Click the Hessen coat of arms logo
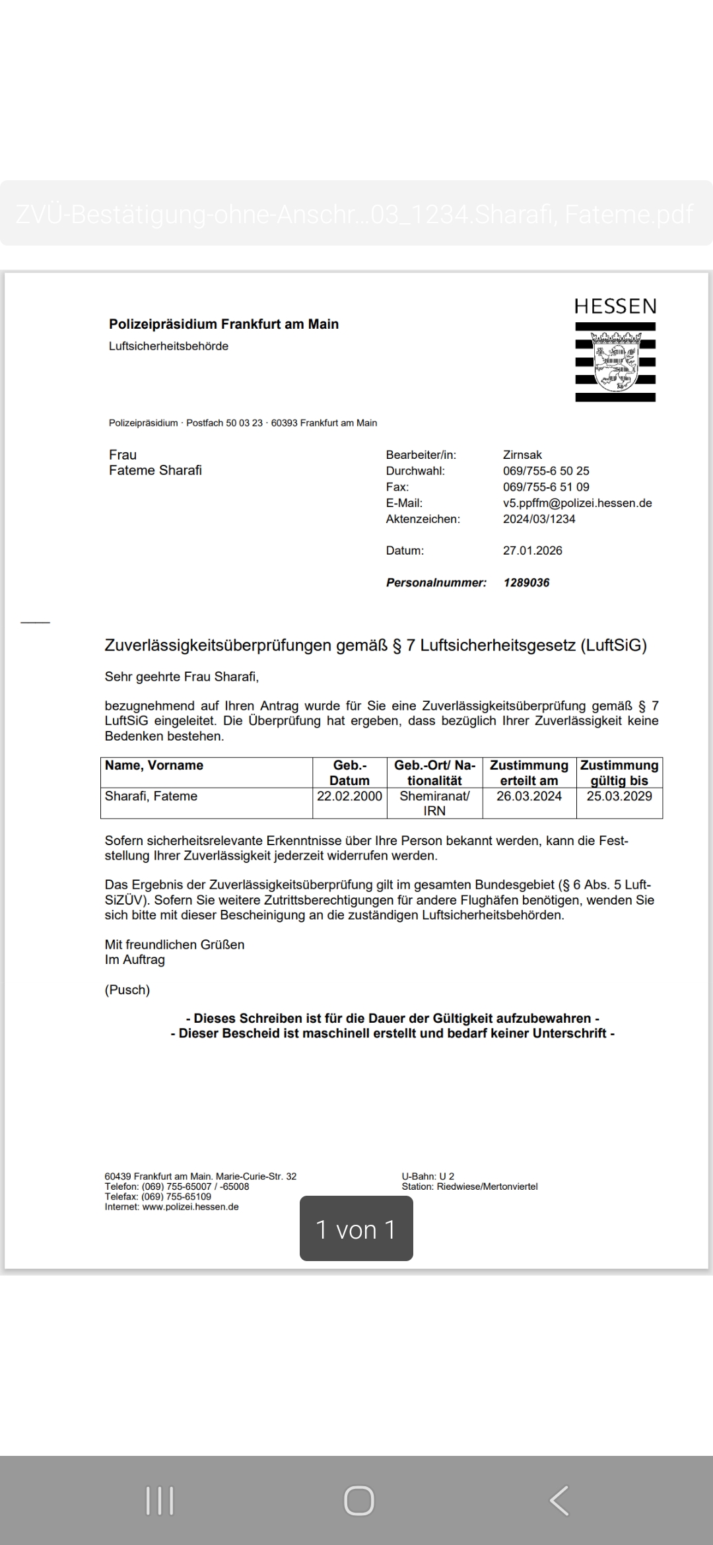[615, 362]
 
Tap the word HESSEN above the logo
[615, 307]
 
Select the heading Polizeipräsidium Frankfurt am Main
[224, 324]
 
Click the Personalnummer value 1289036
[526, 583]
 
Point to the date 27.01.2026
[533, 551]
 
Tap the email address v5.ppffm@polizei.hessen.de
[577, 503]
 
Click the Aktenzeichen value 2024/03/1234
[539, 519]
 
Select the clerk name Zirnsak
[522, 455]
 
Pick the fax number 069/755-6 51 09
[546, 487]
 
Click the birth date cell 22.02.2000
[349, 796]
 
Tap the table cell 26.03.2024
[529, 796]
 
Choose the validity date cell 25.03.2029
[619, 796]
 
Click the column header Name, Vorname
[154, 765]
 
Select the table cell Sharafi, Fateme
[151, 796]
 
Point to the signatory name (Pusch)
[127, 990]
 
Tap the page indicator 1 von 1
[356, 1229]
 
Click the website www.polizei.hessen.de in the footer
[190, 1207]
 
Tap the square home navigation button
[358, 1500]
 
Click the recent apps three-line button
[160, 1500]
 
